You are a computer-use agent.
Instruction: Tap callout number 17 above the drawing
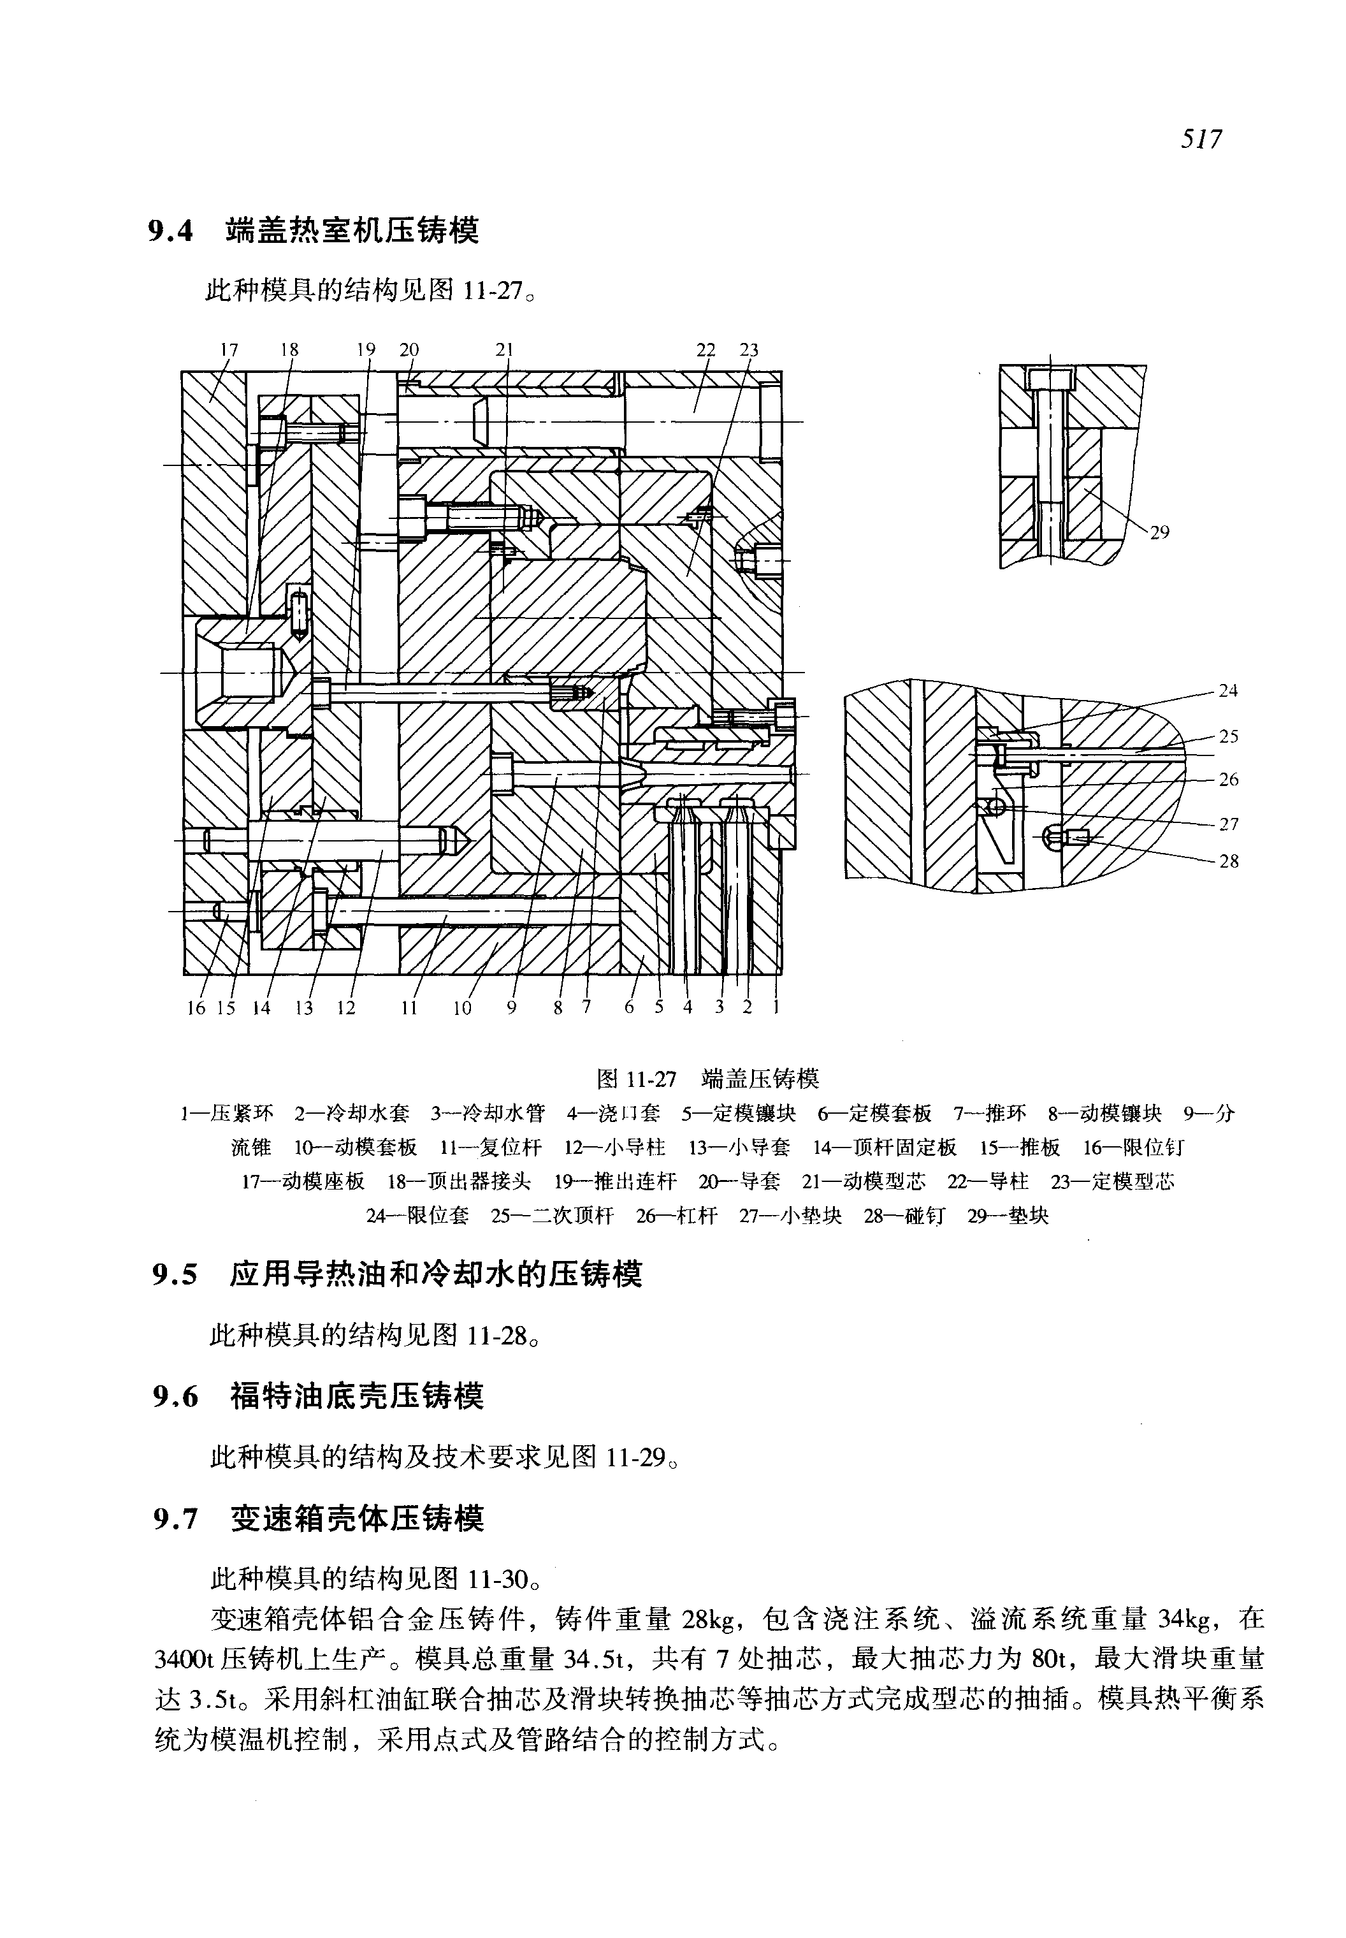tap(229, 349)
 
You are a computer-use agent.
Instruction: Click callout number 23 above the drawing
tap(749, 349)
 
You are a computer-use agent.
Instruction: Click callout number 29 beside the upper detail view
tap(1161, 532)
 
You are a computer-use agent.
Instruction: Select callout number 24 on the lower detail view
tap(1228, 691)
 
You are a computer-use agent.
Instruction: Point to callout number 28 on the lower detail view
tap(1228, 861)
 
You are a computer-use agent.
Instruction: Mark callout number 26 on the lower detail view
tap(1228, 780)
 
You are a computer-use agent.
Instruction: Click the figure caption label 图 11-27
tap(637, 1079)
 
